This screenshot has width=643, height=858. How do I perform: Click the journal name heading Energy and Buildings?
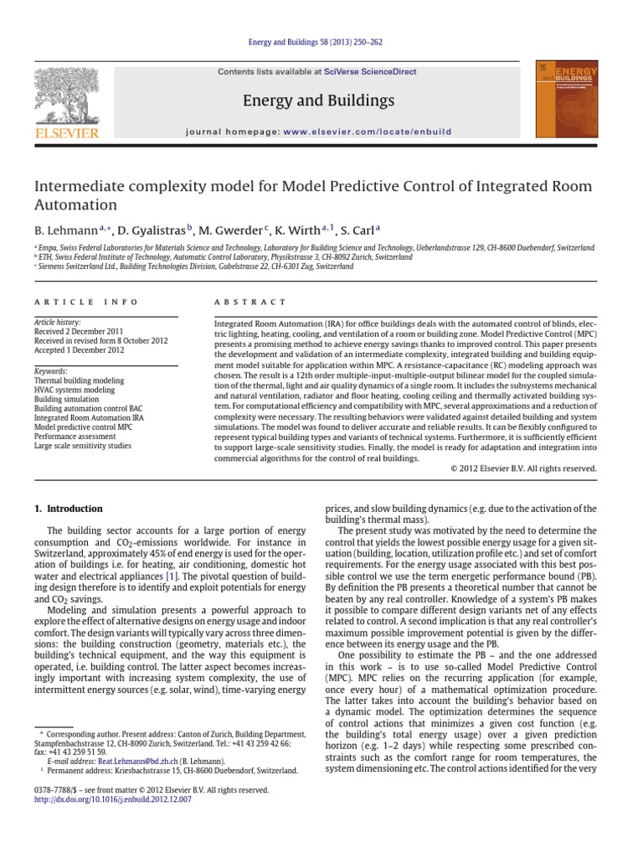317,101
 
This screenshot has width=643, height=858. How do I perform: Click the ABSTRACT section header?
250,302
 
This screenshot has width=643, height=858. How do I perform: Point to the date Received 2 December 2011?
79,332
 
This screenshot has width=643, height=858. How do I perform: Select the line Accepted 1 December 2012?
79,349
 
